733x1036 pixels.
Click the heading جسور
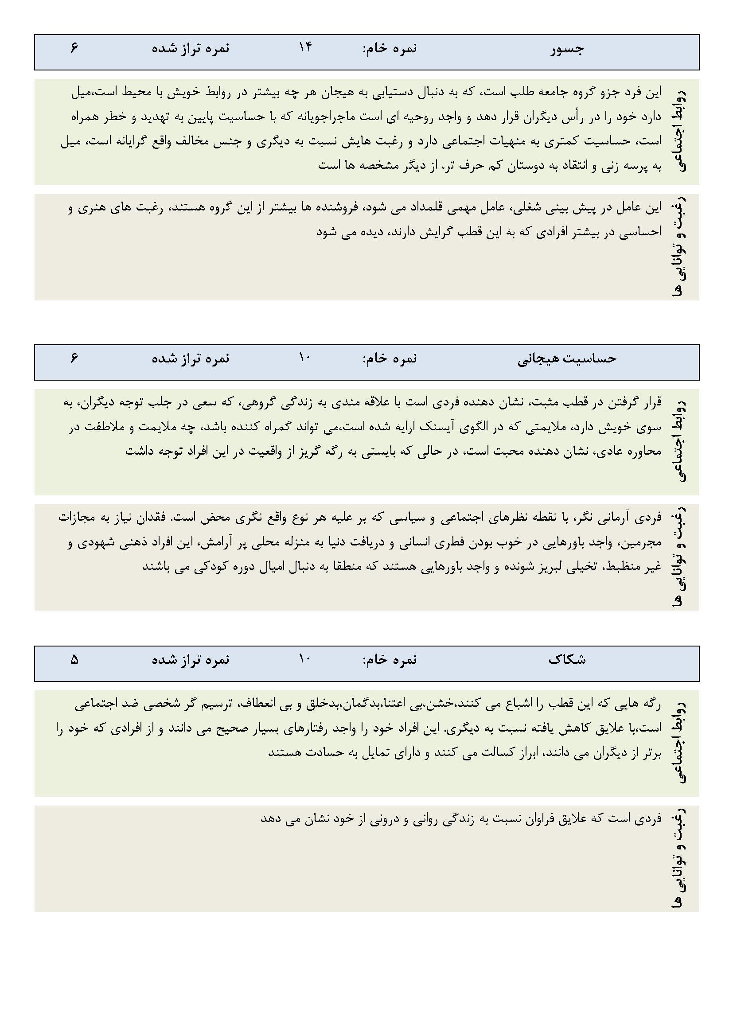(567, 49)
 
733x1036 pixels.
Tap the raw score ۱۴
(304, 47)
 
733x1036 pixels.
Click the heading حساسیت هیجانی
(567, 358)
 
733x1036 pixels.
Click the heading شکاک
(567, 659)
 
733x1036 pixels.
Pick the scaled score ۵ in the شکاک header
(74, 660)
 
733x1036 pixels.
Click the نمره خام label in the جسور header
(390, 48)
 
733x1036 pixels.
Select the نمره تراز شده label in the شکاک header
(191, 659)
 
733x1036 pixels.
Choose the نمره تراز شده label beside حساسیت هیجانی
(191, 358)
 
